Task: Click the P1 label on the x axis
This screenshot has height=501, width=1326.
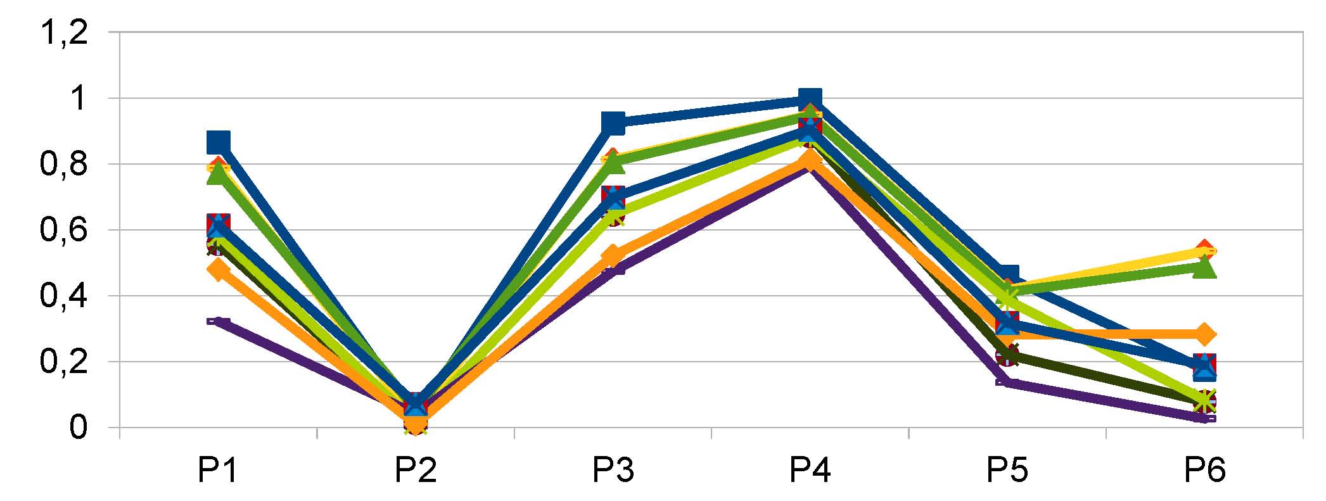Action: pyautogui.click(x=217, y=470)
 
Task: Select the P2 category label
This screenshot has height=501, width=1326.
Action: pyautogui.click(x=415, y=470)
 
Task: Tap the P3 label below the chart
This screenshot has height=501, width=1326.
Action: pyautogui.click(x=613, y=470)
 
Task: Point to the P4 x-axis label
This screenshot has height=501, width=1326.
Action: pyautogui.click(x=810, y=470)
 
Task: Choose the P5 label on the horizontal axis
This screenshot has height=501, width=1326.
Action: pyautogui.click(x=1007, y=470)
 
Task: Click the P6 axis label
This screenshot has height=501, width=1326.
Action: pyautogui.click(x=1205, y=470)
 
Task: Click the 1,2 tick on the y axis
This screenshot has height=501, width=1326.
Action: pyautogui.click(x=64, y=32)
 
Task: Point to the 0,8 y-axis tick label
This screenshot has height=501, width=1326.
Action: pyautogui.click(x=64, y=164)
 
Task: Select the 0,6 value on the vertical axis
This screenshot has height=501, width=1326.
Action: pyautogui.click(x=64, y=230)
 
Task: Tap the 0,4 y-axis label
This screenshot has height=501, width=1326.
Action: pyautogui.click(x=64, y=296)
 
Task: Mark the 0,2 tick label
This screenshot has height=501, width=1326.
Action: pyautogui.click(x=64, y=362)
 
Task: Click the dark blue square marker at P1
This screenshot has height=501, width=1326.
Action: pyautogui.click(x=218, y=142)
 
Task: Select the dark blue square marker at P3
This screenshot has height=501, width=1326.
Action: pyautogui.click(x=613, y=123)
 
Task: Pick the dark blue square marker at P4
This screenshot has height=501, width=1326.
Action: pyautogui.click(x=810, y=99)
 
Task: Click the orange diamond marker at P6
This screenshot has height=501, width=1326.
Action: pyautogui.click(x=1205, y=334)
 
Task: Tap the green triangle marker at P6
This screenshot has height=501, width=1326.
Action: pyautogui.click(x=1205, y=268)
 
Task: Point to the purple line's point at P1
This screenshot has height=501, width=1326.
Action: pyautogui.click(x=217, y=322)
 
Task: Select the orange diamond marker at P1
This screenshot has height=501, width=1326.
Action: pyautogui.click(x=218, y=270)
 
